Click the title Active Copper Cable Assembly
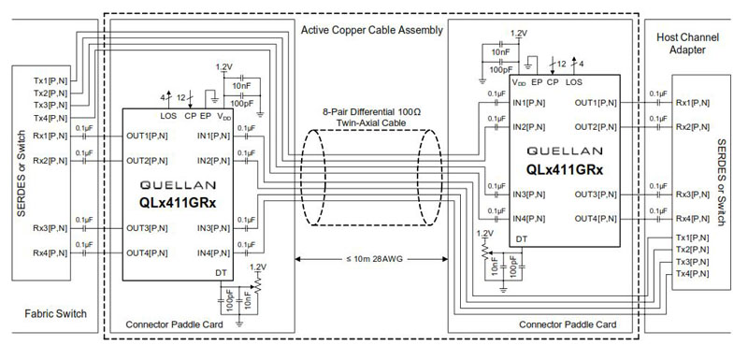pos(372,32)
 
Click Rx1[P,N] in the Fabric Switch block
pos(50,136)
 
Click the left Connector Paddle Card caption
pos(165,325)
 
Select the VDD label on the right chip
pos(518,82)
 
